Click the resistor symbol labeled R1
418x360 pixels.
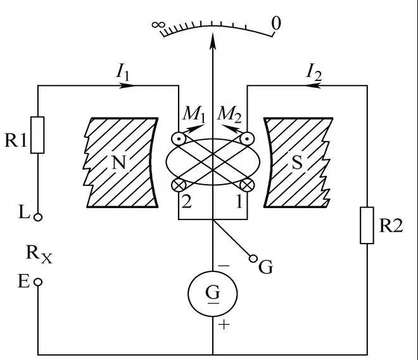(39, 135)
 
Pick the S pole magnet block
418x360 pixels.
(298, 162)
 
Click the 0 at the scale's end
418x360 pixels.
(275, 25)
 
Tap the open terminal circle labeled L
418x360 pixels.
(39, 217)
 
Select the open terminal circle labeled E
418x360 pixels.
(39, 282)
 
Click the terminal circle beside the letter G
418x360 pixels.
(254, 258)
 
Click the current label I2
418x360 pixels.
(313, 73)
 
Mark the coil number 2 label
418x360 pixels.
(186, 202)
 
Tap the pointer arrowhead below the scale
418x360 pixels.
(213, 37)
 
